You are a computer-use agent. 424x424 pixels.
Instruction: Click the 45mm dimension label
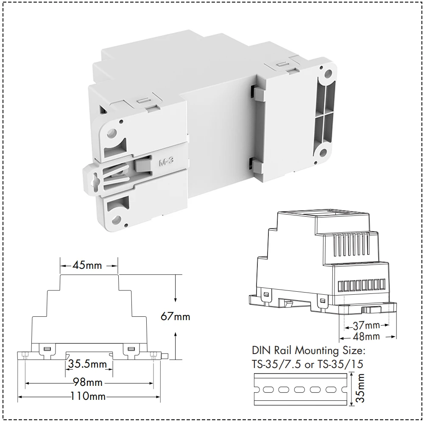pyautogui.click(x=88, y=266)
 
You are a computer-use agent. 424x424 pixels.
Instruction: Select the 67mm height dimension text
pyautogui.click(x=176, y=316)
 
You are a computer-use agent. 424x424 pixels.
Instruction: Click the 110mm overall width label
pyautogui.click(x=89, y=397)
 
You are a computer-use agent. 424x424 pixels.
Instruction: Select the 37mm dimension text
pyautogui.click(x=366, y=326)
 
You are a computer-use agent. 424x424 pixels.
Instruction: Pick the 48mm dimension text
pyautogui.click(x=366, y=337)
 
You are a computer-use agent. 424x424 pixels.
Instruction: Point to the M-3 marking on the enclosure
pyautogui.click(x=167, y=162)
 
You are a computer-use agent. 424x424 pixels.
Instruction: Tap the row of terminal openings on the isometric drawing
pyautogui.click(x=362, y=284)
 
